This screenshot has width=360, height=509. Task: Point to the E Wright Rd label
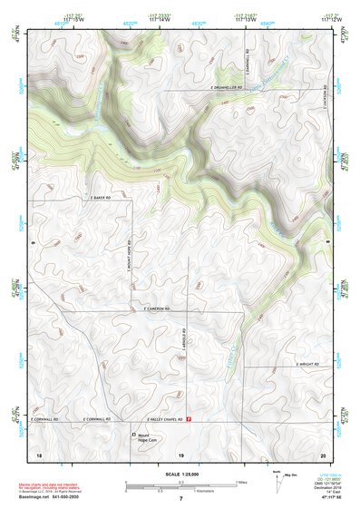tap(308, 364)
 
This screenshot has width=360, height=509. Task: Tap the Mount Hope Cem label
tap(148, 438)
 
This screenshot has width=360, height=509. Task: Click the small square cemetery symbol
tap(131, 435)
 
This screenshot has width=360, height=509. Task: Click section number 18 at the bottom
tap(38, 454)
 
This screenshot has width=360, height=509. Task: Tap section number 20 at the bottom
tap(322, 454)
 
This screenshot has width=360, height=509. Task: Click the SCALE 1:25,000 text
tap(180, 473)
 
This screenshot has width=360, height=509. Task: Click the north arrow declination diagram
tap(278, 482)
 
